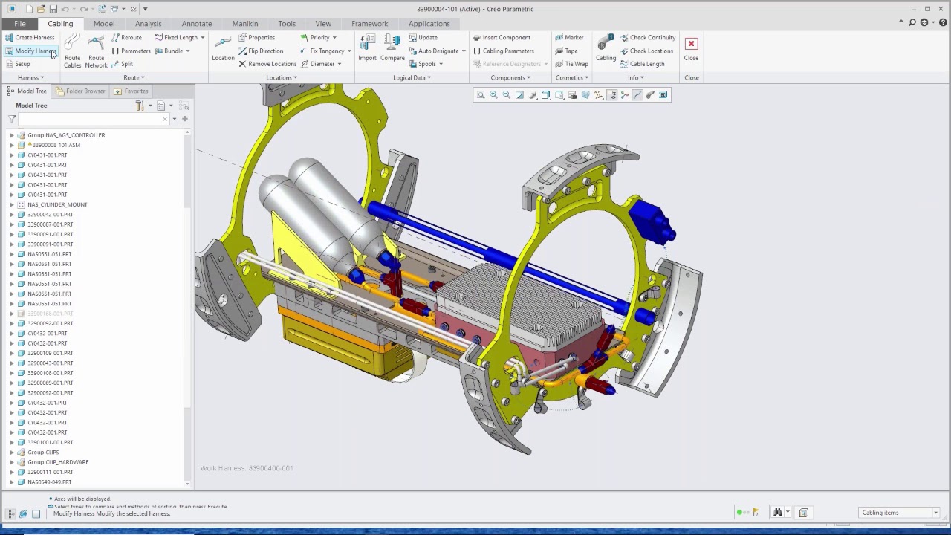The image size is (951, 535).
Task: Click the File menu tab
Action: [19, 23]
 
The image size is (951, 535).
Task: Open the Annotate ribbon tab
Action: [196, 23]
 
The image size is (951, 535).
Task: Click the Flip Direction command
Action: [261, 51]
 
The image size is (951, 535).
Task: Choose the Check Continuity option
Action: [648, 37]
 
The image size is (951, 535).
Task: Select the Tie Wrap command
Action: [572, 64]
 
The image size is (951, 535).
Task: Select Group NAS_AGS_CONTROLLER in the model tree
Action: [66, 135]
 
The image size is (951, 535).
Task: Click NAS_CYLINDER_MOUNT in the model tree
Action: [57, 204]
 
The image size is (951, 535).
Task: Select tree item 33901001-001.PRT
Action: [50, 442]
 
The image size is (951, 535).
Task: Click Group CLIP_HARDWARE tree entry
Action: [58, 462]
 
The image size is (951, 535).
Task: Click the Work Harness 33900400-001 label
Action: [247, 468]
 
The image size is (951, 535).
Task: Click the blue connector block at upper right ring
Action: [652, 218]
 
